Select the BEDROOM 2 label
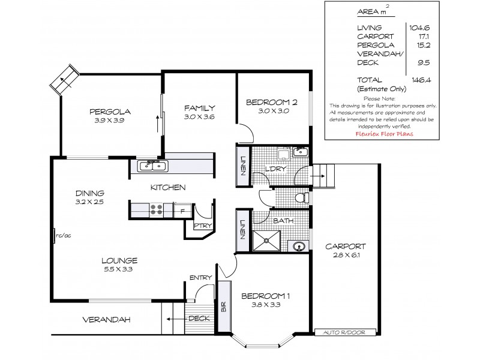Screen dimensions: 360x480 click(x=272, y=102)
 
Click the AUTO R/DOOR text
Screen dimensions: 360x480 click(x=345, y=331)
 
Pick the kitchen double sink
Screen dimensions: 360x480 click(x=154, y=166)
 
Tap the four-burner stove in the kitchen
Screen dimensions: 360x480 click(x=157, y=209)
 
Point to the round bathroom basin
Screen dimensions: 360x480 click(x=298, y=246)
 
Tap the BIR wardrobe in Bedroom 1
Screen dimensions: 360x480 click(x=224, y=308)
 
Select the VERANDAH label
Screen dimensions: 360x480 click(x=107, y=319)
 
